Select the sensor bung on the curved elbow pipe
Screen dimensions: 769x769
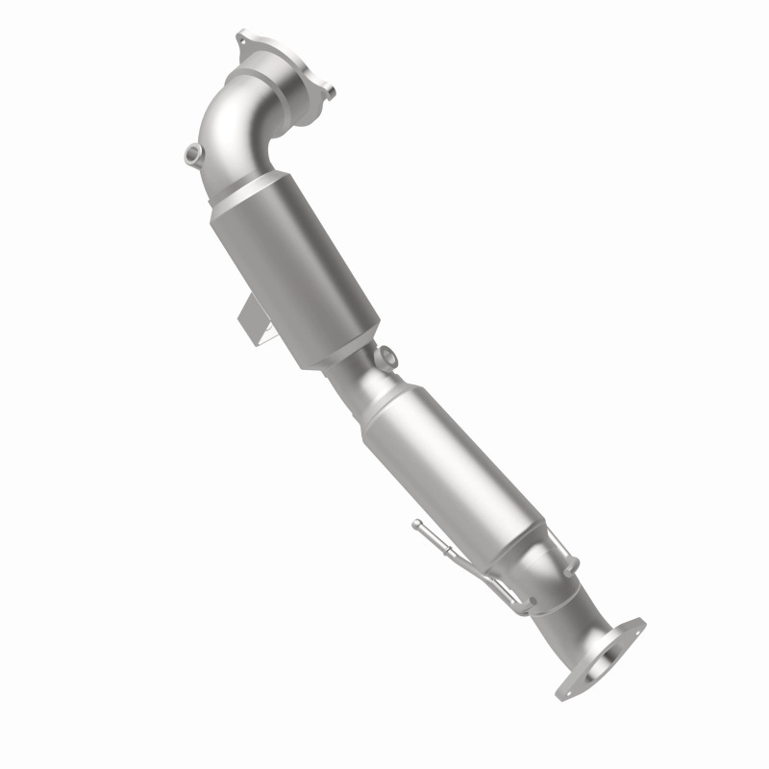click(x=191, y=152)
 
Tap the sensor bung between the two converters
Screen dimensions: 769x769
click(x=388, y=357)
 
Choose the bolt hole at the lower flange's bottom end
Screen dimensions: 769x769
click(x=565, y=690)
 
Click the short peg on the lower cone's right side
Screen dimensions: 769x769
click(x=574, y=564)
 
